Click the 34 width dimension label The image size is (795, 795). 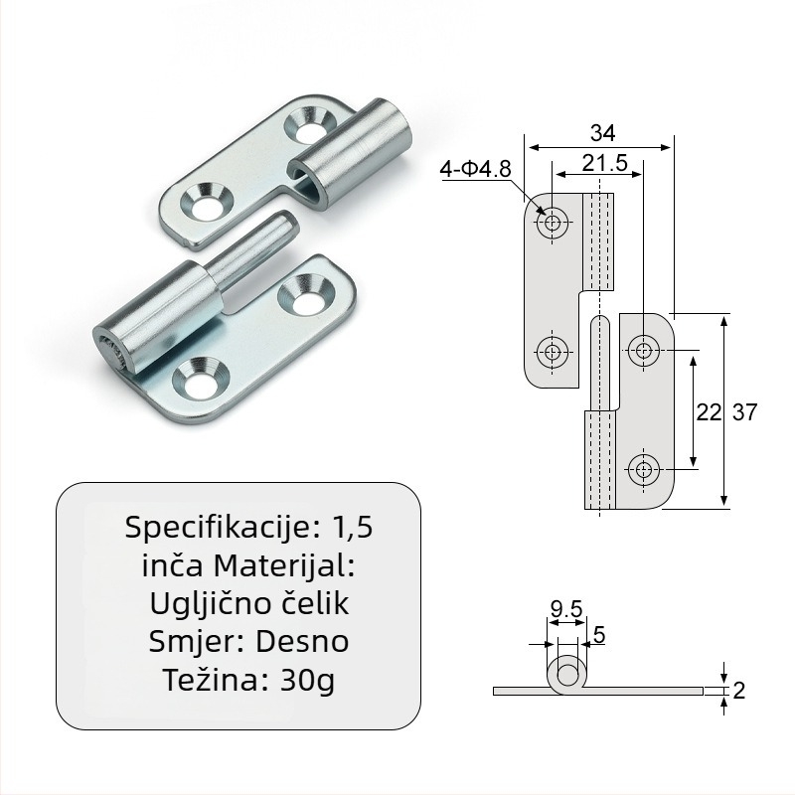602,133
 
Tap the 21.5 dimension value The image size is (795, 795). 604,163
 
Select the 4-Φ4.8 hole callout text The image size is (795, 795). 475,169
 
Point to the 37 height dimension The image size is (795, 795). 744,412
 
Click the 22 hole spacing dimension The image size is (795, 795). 708,412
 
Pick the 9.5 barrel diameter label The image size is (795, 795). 566,608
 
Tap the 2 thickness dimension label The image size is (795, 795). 738,691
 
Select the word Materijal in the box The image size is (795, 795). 282,565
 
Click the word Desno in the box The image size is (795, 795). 302,642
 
